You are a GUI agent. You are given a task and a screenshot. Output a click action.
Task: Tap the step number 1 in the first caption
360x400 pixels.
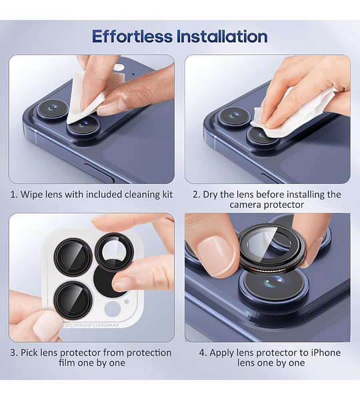(13, 195)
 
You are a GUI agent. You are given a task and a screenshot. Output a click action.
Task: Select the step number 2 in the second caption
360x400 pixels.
(197, 195)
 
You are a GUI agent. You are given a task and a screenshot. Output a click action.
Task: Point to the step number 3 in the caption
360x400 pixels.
(13, 353)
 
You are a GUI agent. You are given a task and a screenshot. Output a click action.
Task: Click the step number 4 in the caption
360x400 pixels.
(203, 353)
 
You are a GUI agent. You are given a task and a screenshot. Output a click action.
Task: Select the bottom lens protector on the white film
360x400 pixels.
(72, 299)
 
